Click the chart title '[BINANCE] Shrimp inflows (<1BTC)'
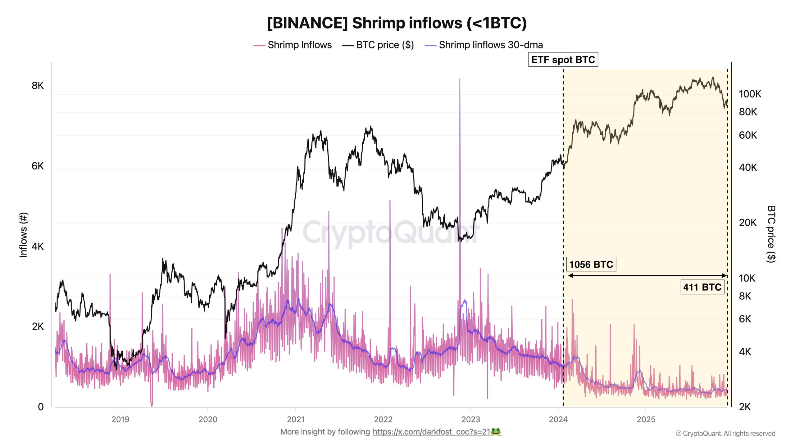click(397, 23)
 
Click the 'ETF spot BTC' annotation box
click(563, 60)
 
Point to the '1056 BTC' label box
click(591, 264)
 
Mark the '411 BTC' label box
click(702, 287)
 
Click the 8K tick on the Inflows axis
click(38, 86)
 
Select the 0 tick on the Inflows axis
click(41, 407)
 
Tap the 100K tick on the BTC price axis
click(750, 94)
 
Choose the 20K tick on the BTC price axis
click(747, 223)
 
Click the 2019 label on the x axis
click(120, 419)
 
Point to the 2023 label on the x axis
click(470, 419)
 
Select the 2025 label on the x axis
click(646, 419)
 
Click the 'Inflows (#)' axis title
click(24, 235)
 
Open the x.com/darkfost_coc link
click(431, 432)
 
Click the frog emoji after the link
click(496, 431)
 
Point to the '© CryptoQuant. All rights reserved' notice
click(725, 434)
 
